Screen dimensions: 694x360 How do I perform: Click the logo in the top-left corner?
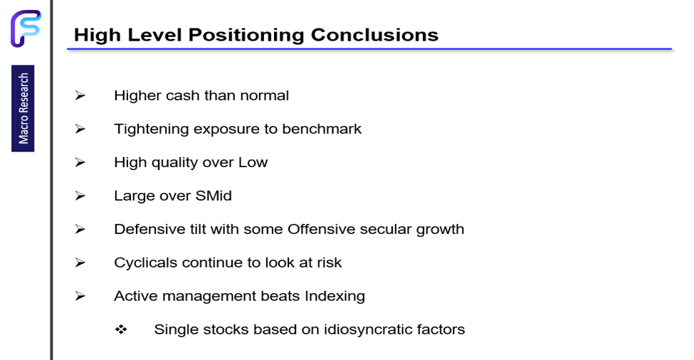pyautogui.click(x=26, y=28)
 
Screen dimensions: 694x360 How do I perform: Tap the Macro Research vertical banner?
pyautogui.click(x=23, y=108)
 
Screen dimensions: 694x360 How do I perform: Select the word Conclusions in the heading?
pyautogui.click(x=374, y=35)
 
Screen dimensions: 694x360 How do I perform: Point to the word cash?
pyautogui.click(x=184, y=95)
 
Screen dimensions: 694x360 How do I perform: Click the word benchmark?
pyautogui.click(x=322, y=129)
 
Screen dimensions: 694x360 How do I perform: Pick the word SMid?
pyautogui.click(x=214, y=196)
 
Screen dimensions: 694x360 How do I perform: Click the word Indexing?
pyautogui.click(x=335, y=296)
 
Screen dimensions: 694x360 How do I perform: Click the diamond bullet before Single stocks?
pyautogui.click(x=121, y=329)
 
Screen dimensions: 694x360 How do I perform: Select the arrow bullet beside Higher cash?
pyautogui.click(x=80, y=95)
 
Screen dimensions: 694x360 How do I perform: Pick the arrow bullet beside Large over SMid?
pyautogui.click(x=80, y=196)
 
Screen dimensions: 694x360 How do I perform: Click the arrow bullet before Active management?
pyautogui.click(x=80, y=296)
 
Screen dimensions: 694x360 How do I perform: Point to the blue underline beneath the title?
pyautogui.click(x=369, y=49)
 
